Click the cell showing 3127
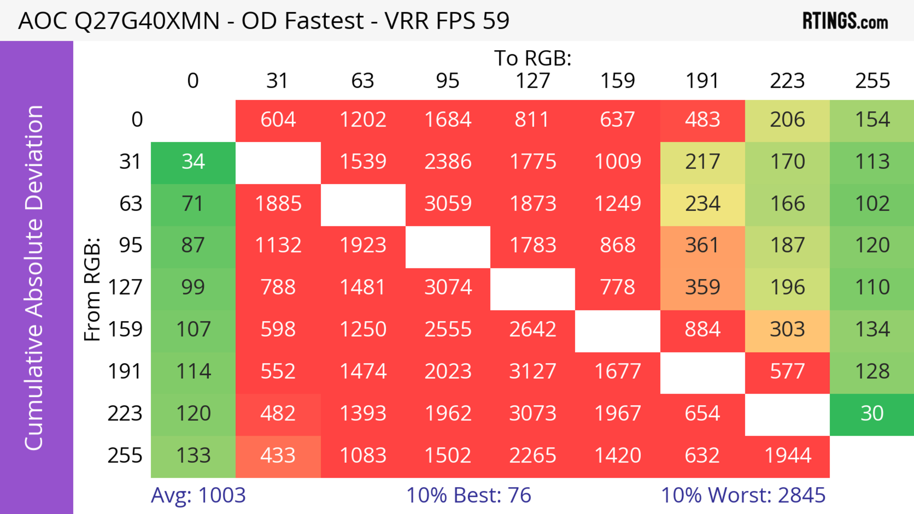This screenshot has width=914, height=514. pyautogui.click(x=533, y=371)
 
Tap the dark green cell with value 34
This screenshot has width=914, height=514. pyautogui.click(x=193, y=162)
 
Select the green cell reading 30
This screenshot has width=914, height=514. pyautogui.click(x=872, y=413)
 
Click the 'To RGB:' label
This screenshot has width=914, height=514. pyautogui.click(x=533, y=58)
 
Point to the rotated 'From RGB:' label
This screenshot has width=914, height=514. pyautogui.click(x=92, y=289)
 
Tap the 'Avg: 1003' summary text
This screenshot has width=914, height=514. pyautogui.click(x=198, y=495)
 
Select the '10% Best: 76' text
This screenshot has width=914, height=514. pyautogui.click(x=468, y=495)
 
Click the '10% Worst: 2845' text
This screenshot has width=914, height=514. pyautogui.click(x=743, y=495)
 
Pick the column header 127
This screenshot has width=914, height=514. pyautogui.click(x=533, y=81)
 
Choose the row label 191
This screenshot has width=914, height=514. pyautogui.click(x=125, y=371)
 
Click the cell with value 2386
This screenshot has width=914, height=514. pyautogui.click(x=448, y=162)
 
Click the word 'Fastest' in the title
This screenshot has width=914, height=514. pyautogui.click(x=324, y=20)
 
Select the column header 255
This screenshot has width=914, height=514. pyautogui.click(x=872, y=81)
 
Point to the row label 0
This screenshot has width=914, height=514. pyautogui.click(x=137, y=119)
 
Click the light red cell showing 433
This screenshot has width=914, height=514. pyautogui.click(x=278, y=455)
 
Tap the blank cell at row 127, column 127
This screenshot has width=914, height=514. pyautogui.click(x=533, y=288)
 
